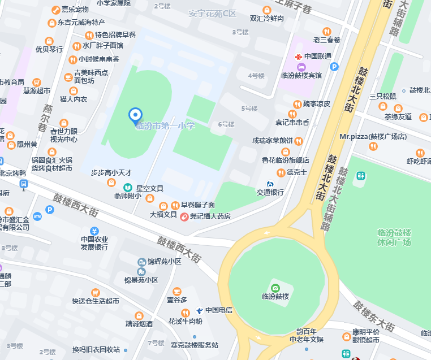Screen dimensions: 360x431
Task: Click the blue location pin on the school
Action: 135,115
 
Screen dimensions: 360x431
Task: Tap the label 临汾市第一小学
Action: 165,126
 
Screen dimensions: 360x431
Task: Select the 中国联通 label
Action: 318,57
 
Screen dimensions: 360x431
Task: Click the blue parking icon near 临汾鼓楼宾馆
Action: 334,67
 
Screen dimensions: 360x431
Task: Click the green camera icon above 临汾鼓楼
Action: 275,288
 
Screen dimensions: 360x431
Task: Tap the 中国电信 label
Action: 219,310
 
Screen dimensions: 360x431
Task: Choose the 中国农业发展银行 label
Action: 94,243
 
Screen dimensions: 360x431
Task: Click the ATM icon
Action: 37,216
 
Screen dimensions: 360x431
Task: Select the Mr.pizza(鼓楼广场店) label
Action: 373,137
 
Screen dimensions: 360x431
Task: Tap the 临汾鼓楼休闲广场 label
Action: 394,237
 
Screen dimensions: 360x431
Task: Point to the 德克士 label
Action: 297,172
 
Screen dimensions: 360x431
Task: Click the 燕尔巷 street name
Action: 47,118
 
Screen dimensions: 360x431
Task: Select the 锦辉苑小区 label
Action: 164,262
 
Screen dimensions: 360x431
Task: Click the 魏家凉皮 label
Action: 316,104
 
